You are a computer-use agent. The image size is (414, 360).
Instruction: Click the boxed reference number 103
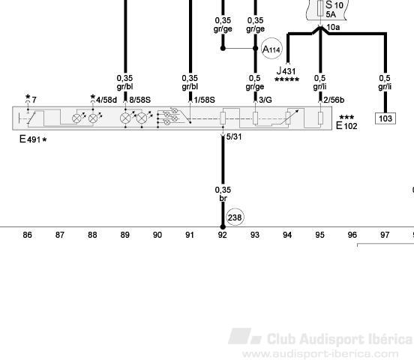click(385, 118)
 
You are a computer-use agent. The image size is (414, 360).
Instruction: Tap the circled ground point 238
click(235, 217)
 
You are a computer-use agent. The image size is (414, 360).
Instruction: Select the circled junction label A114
click(271, 49)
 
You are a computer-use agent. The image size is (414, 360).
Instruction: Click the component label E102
click(346, 125)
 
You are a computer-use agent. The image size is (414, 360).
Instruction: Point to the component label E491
click(33, 139)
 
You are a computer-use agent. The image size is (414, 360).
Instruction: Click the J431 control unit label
click(286, 70)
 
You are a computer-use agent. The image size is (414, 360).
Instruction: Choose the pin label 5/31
click(234, 136)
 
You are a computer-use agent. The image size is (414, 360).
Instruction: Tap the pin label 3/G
click(265, 100)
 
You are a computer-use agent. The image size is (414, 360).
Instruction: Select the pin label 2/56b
click(334, 100)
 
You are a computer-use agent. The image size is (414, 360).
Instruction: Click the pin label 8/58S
click(140, 100)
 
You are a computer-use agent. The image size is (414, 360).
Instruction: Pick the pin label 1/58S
click(204, 100)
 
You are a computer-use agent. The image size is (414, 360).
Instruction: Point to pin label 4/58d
click(106, 100)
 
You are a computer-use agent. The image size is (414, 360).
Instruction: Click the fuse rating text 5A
click(331, 14)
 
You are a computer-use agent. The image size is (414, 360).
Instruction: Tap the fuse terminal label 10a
click(333, 27)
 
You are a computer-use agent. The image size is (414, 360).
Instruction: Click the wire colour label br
click(223, 198)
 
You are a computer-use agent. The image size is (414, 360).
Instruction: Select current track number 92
click(222, 235)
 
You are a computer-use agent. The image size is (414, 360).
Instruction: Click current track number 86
click(27, 235)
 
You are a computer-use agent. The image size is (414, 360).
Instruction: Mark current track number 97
click(385, 235)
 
